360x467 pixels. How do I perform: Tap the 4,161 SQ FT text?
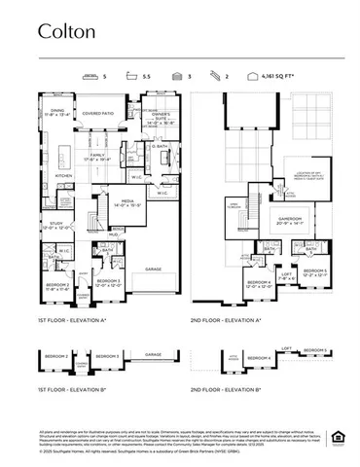point(284,75)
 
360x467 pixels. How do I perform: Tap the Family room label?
point(98,157)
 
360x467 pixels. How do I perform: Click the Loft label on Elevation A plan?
point(287,275)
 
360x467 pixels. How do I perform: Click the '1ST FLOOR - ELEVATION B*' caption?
point(74,388)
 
